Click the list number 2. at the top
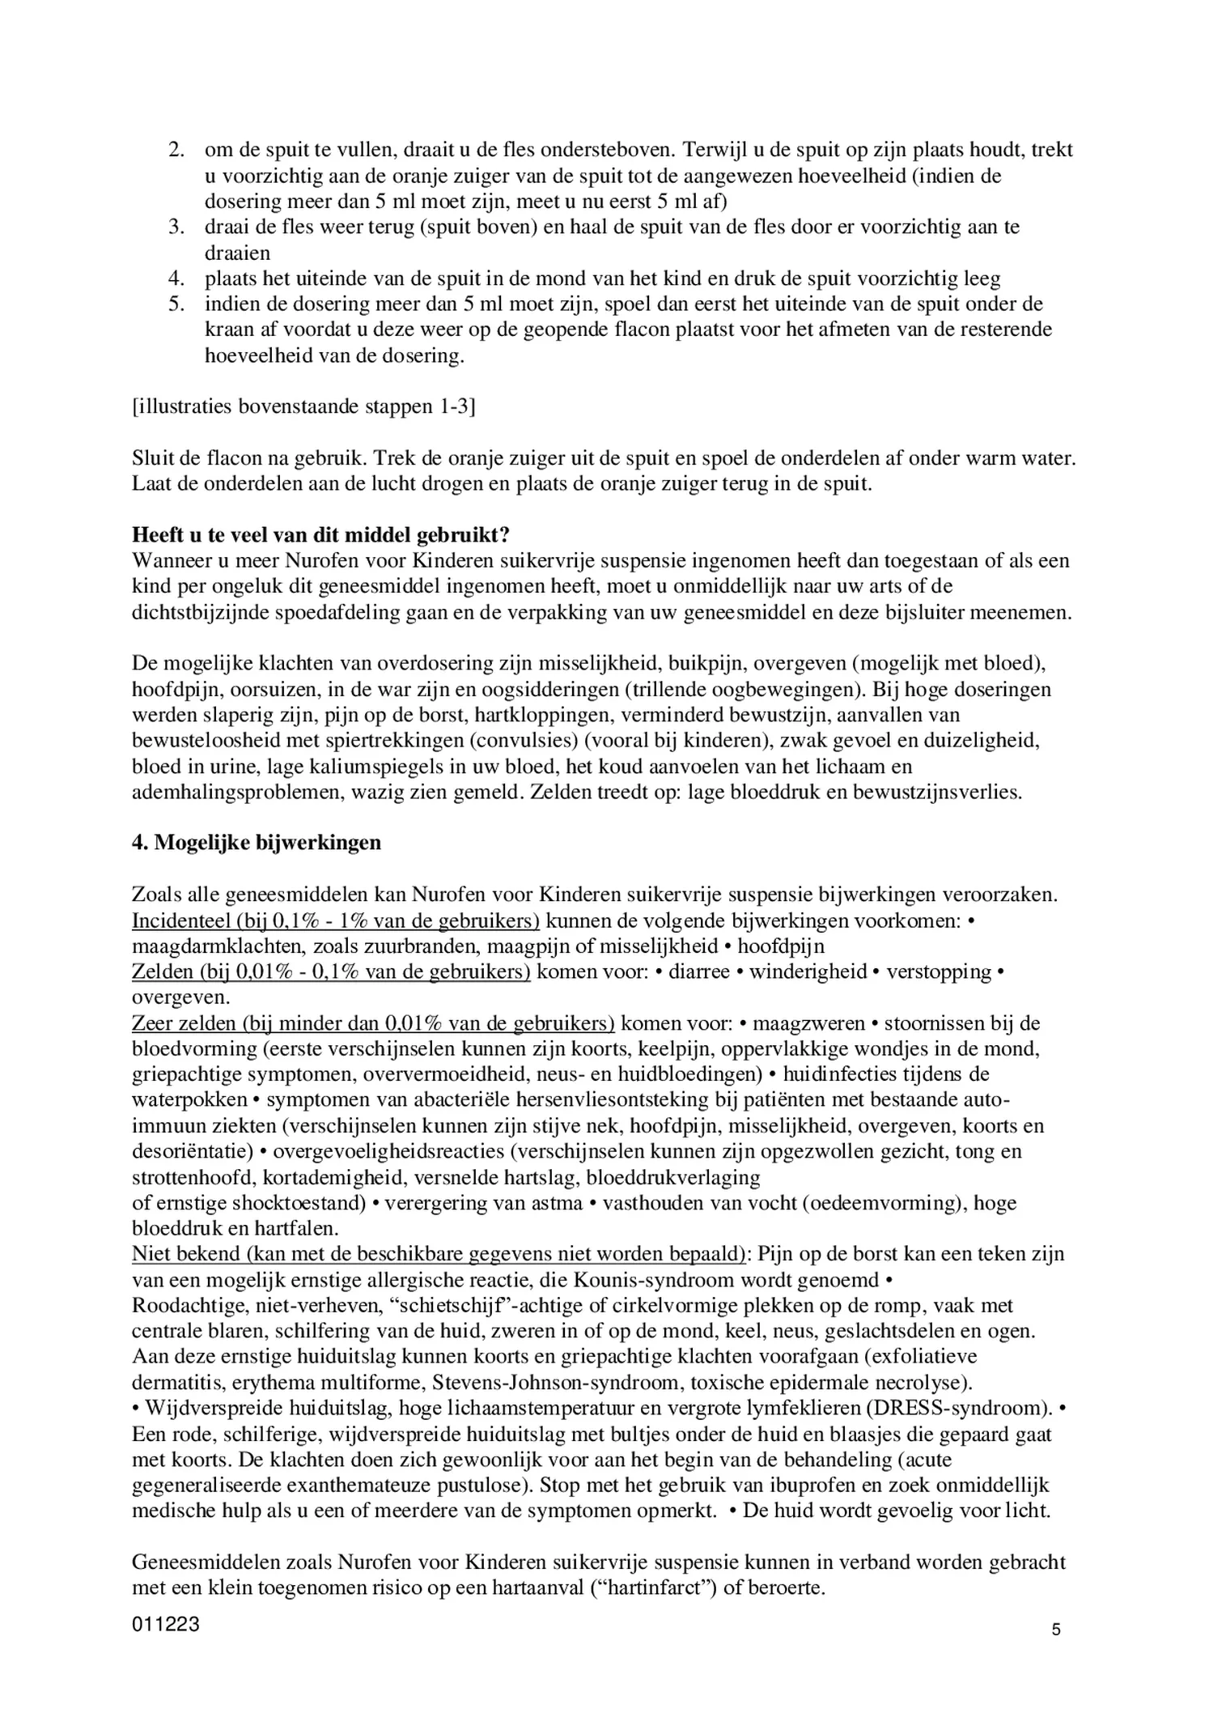(176, 151)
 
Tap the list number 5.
(176, 304)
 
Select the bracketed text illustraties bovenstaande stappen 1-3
(303, 406)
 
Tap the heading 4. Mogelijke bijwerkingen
(256, 843)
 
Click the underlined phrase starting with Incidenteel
(336, 920)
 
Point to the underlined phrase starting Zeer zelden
(372, 1023)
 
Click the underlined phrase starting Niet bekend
(438, 1254)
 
